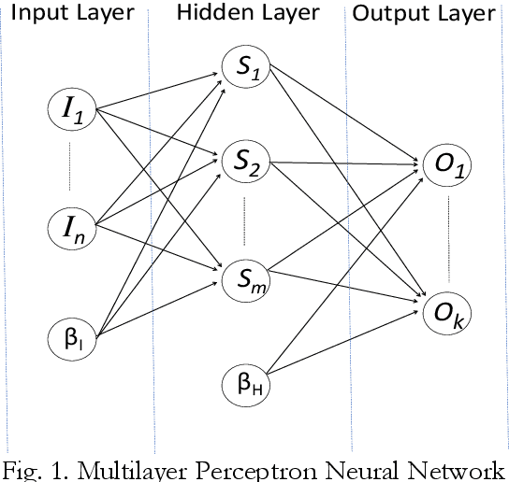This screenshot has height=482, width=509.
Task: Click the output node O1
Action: point(448,166)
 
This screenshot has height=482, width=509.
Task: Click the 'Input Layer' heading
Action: point(72,14)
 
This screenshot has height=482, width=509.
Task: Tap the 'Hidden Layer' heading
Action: point(247,14)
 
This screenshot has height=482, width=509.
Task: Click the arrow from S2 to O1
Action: point(346,164)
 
